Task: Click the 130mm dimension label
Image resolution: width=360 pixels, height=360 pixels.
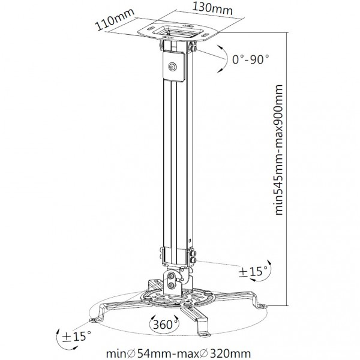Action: coord(212,9)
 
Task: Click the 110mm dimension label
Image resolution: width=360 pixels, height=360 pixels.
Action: coord(115,20)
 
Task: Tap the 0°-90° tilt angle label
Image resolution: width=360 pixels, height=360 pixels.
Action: coord(250,59)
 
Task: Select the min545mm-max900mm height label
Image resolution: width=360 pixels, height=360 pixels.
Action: coord(279,150)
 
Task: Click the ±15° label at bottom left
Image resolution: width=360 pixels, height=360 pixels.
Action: coord(76,337)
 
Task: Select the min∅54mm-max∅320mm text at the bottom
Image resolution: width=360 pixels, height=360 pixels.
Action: coord(178,353)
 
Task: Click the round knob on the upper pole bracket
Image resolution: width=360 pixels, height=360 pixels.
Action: coord(172,67)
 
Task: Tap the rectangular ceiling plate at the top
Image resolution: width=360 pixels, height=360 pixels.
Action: coord(178,32)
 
